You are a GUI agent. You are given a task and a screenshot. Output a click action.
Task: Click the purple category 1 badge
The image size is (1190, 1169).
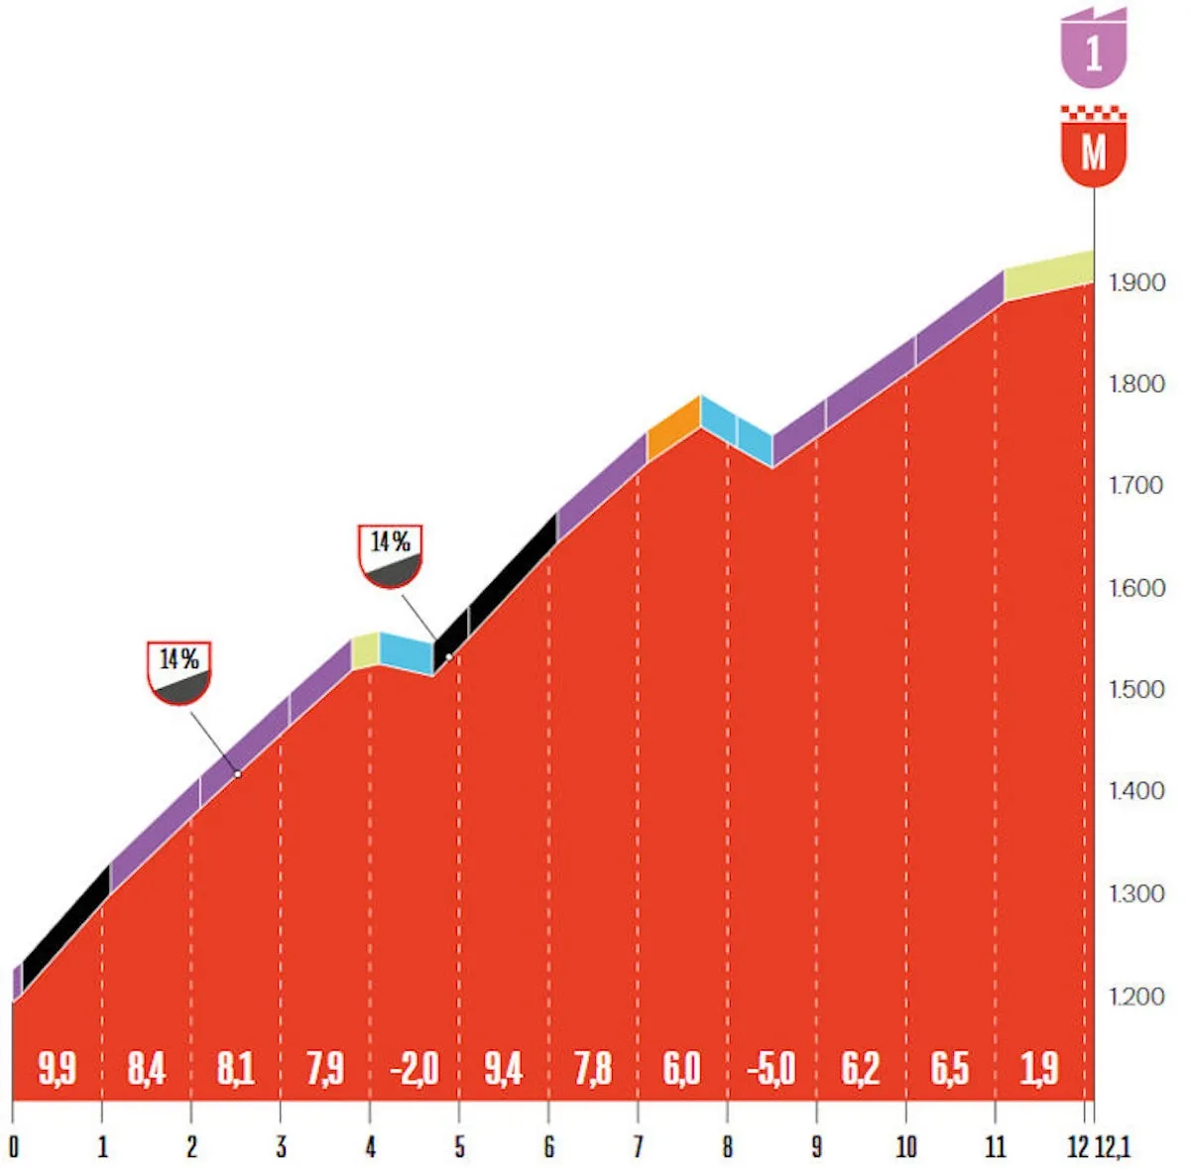[x=1094, y=50]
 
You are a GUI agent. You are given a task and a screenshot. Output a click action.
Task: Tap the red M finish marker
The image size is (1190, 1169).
[x=1094, y=151]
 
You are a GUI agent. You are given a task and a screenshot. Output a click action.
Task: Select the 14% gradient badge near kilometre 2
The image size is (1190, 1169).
[x=179, y=671]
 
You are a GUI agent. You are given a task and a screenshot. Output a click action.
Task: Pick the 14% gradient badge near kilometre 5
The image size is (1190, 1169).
[x=391, y=554]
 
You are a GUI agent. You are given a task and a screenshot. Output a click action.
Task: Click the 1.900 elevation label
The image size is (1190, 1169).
[x=1136, y=283]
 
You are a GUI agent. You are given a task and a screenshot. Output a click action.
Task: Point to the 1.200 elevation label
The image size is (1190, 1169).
[x=1136, y=996]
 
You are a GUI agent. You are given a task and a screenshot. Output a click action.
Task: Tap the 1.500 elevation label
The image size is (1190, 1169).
[x=1136, y=690]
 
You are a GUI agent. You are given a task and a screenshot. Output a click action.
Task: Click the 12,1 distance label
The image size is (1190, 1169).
[x=1113, y=1147]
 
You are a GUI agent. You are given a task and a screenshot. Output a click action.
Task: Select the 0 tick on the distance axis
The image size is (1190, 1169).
[x=13, y=1147]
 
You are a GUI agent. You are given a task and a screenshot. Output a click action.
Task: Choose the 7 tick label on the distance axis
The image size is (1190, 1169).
[x=638, y=1147]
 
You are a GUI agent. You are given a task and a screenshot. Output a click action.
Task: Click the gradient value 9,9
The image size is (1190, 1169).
[x=57, y=1069]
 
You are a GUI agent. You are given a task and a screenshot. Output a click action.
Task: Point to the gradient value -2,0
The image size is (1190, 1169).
[x=414, y=1069]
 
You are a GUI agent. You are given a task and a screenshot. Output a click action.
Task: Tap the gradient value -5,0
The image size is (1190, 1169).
[x=771, y=1069]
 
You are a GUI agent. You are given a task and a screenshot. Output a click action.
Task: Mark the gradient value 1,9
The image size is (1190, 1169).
[x=1039, y=1069]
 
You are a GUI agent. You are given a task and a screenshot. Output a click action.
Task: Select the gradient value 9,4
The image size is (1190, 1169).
[x=503, y=1069]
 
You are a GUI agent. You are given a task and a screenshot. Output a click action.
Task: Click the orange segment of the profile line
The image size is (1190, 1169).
[x=673, y=427]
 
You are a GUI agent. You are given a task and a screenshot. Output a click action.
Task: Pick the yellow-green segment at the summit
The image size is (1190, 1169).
[x=1048, y=276]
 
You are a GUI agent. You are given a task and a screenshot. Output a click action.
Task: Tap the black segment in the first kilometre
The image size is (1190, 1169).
[x=65, y=927]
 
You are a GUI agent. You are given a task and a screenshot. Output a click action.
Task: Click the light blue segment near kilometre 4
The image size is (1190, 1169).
[x=407, y=651]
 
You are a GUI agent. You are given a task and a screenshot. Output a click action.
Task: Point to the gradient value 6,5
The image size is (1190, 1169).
[x=949, y=1069]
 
